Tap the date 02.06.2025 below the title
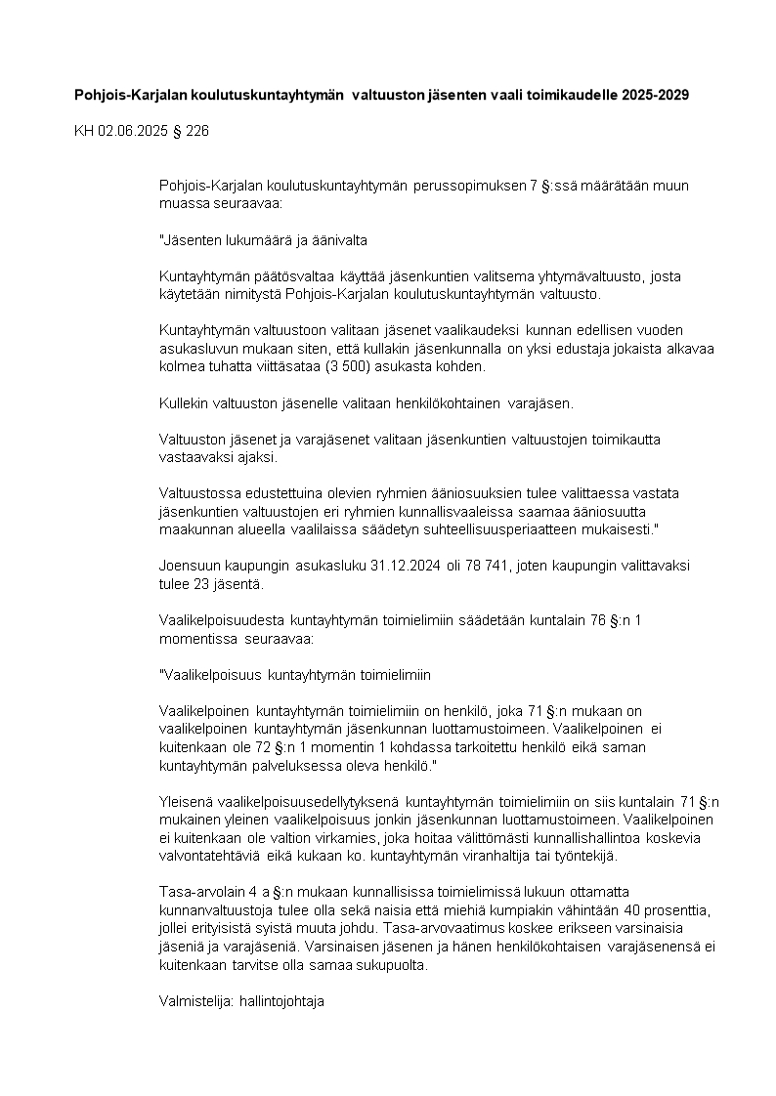click(131, 130)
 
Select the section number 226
click(197, 130)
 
